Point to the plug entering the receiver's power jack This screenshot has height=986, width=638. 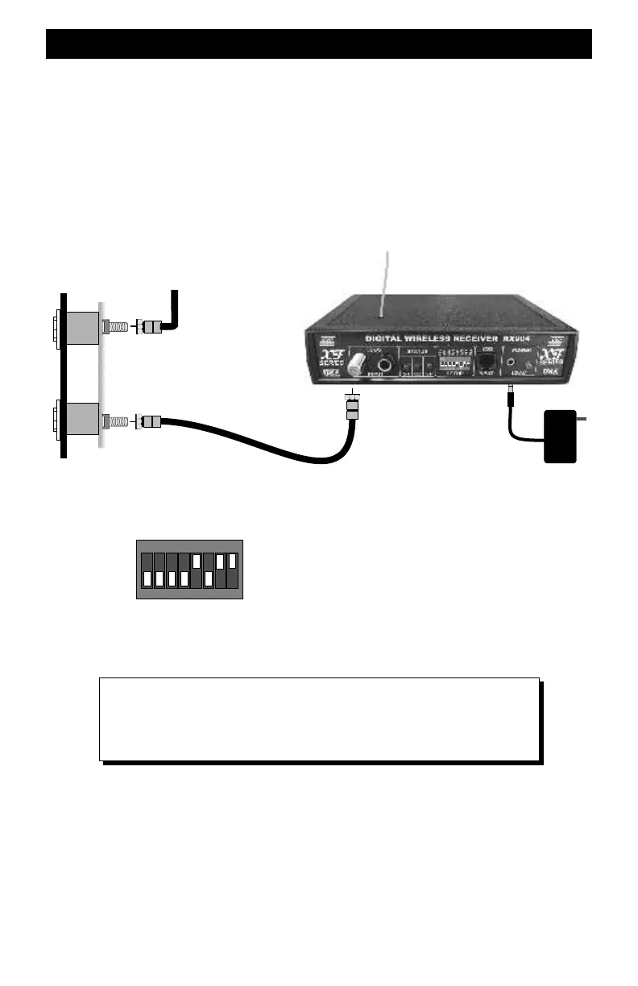[511, 396]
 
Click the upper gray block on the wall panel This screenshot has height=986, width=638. [81, 327]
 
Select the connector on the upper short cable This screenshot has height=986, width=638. [151, 327]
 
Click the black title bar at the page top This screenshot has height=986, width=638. [319, 44]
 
